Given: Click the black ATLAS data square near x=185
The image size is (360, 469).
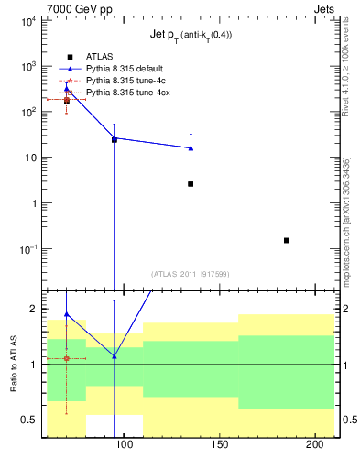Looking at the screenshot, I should [x=287, y=240].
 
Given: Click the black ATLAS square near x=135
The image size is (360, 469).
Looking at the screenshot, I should [x=191, y=183].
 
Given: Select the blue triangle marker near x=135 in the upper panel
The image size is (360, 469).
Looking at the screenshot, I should [x=191, y=147].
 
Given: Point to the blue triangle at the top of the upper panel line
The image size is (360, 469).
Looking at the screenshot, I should [x=66, y=88].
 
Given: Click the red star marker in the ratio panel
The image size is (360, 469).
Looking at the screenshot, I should [x=66, y=358].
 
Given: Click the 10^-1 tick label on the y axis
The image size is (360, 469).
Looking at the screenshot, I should [x=27, y=248].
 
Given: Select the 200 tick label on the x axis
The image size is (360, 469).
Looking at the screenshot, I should [x=315, y=445].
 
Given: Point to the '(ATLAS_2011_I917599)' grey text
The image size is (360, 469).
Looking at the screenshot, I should [x=191, y=273].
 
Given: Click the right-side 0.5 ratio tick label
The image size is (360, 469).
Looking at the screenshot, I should [x=350, y=420].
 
